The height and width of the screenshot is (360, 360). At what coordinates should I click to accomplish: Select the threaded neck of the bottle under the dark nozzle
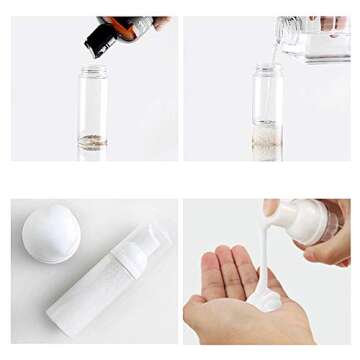pos(94,72)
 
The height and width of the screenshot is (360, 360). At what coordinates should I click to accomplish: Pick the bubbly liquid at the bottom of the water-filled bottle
pos(267,141)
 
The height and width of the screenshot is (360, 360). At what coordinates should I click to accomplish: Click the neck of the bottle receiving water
pos(267,72)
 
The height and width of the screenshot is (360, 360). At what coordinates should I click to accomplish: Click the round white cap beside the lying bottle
pos(51,233)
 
